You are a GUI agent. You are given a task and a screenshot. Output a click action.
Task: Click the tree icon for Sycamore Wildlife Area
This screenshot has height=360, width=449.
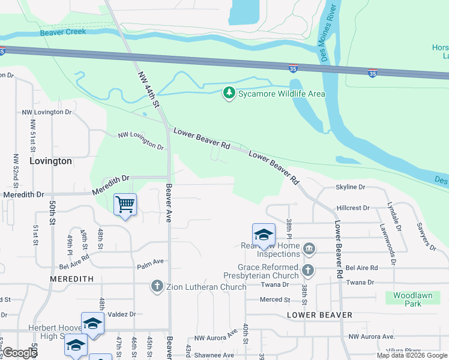(228, 94)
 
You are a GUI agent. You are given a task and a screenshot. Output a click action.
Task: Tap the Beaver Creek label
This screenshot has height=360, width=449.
(63, 32)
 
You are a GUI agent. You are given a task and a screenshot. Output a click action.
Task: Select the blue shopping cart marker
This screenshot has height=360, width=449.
(125, 205)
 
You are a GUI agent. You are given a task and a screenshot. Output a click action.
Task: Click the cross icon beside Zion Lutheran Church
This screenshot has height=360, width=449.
(157, 286)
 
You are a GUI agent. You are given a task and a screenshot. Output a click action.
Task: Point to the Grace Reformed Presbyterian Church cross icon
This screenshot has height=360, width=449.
(308, 271)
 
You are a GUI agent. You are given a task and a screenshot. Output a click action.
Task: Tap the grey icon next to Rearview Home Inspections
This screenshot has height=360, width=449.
(308, 248)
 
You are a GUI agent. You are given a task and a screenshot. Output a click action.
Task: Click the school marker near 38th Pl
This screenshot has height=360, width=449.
(264, 235)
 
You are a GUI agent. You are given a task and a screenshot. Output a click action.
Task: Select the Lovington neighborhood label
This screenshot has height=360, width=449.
(50, 161)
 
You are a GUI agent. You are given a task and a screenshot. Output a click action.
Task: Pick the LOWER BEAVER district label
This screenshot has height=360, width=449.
(319, 314)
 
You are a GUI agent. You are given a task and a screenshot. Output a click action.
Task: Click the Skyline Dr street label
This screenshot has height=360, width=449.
(351, 187)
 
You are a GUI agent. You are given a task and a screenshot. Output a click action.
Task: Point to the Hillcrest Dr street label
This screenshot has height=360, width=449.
(353, 208)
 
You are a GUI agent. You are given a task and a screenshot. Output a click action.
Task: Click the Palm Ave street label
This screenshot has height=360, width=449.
(150, 262)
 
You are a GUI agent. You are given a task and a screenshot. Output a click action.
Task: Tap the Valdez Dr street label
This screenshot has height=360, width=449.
(123, 314)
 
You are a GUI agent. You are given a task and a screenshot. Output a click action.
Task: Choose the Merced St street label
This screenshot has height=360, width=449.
(275, 299)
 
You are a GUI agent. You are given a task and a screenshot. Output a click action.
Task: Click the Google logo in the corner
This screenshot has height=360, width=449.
(19, 353)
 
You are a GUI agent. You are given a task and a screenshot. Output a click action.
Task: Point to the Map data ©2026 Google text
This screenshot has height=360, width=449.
(411, 355)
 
